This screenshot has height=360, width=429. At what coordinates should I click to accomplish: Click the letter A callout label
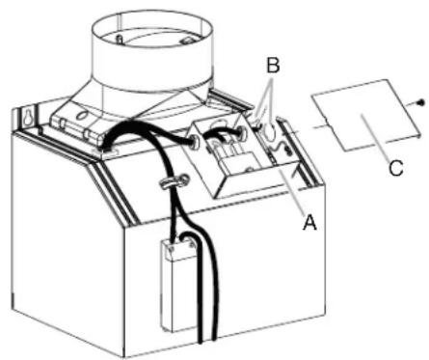[309, 223]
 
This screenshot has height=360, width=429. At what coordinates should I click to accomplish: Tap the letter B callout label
[273, 66]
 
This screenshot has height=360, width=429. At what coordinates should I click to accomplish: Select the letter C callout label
[396, 168]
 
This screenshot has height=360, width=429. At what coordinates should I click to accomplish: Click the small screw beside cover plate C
[421, 102]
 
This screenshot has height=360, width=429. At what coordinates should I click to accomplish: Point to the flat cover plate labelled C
[366, 115]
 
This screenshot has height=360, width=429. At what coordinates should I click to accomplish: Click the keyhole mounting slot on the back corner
[27, 118]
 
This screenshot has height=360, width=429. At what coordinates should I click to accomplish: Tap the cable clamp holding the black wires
[174, 180]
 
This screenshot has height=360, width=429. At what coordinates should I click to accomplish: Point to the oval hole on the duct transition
[82, 115]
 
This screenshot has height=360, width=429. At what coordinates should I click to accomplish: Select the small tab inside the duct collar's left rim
[120, 40]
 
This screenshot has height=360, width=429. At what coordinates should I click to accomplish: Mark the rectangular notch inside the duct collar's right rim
[187, 41]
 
